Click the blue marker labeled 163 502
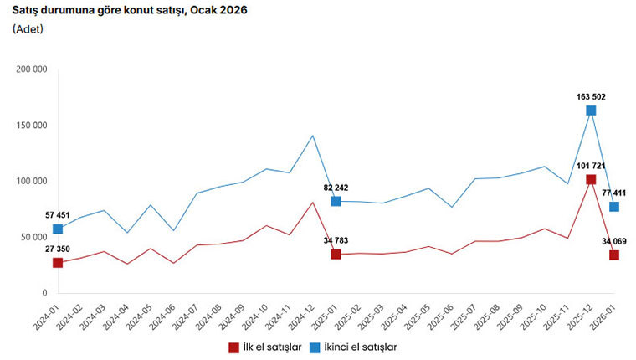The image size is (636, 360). tap(591, 111)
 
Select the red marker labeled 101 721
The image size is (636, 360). tap(591, 179)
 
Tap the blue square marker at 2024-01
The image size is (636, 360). tap(58, 229)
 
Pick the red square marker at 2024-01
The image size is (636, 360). tap(58, 263)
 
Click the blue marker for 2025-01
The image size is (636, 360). tap(336, 201)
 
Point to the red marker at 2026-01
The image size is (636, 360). tap(614, 255)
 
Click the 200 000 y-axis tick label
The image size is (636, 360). tap(32, 69)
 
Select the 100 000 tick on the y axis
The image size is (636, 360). tap(32, 181)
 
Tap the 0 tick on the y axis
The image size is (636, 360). tap(44, 293)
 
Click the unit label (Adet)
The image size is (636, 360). tap(28, 29)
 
